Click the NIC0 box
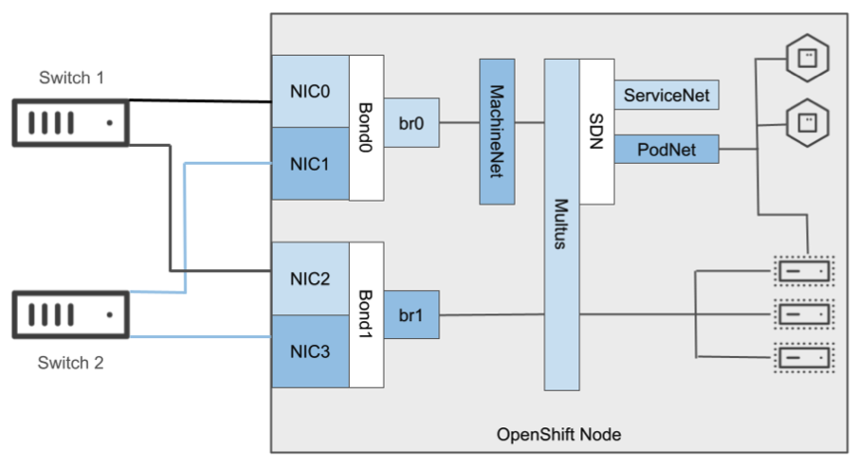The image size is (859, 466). pyautogui.click(x=310, y=91)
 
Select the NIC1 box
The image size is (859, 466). pyautogui.click(x=310, y=164)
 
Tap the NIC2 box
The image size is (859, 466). pyautogui.click(x=310, y=278)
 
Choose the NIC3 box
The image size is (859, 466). pyautogui.click(x=310, y=351)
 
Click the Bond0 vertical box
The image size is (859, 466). pyautogui.click(x=366, y=127)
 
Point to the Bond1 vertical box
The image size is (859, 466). pyautogui.click(x=366, y=314)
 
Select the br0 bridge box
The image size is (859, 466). pyautogui.click(x=411, y=122)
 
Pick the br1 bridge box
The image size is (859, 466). pyautogui.click(x=411, y=314)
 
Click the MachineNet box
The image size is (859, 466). pyautogui.click(x=497, y=132)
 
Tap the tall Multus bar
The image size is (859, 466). pyautogui.click(x=560, y=224)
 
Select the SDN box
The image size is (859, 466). pyautogui.click(x=596, y=132)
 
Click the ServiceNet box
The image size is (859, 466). pyautogui.click(x=667, y=95)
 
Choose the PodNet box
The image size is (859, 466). pyautogui.click(x=667, y=149)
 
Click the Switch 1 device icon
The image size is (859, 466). pyautogui.click(x=69, y=123)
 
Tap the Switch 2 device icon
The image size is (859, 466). pyautogui.click(x=69, y=314)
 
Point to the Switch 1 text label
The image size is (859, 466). pyautogui.click(x=71, y=78)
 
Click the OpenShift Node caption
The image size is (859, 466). pyautogui.click(x=559, y=435)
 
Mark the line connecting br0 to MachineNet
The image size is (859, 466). pyautogui.click(x=459, y=122)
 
